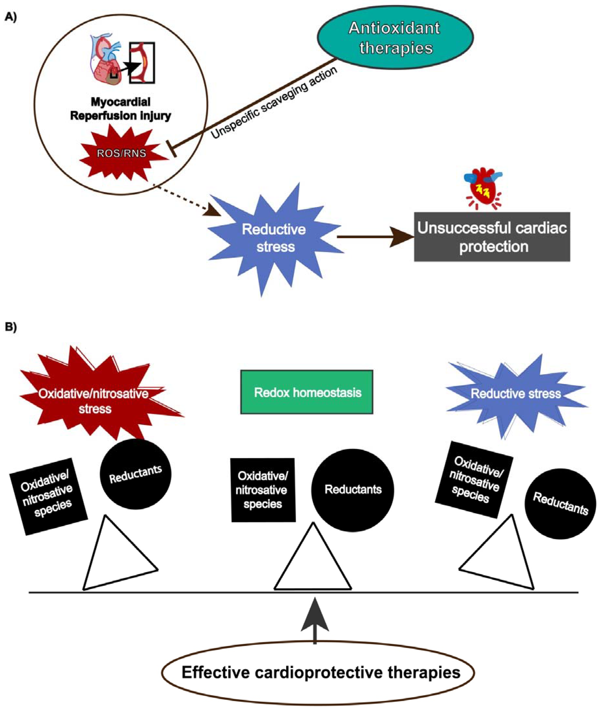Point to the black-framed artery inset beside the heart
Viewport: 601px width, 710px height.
(x=142, y=63)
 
